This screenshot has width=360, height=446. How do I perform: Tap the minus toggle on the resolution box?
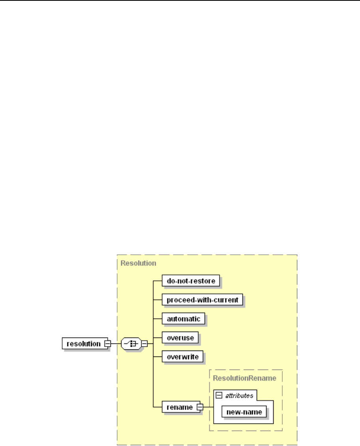pos(106,343)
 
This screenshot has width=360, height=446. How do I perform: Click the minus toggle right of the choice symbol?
pos(144,343)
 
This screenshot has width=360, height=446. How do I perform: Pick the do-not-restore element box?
pos(190,281)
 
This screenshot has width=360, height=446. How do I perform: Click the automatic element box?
pos(183,319)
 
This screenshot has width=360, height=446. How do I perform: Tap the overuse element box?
pos(179,338)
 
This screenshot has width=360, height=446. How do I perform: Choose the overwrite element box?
pos(182,356)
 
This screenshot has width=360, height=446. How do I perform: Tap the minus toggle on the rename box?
pos(200,407)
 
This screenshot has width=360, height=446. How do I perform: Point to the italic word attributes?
pos(239,395)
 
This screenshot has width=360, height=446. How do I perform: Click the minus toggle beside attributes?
pos(220,395)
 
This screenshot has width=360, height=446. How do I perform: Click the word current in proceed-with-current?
pos(226,300)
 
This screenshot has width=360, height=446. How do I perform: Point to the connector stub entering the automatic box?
pos(158,319)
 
